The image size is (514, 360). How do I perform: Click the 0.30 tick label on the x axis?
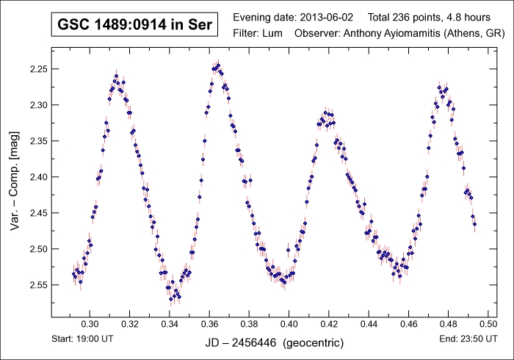[x=90, y=324]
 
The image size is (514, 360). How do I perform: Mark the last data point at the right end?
[x=474, y=224]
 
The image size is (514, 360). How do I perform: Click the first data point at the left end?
[x=73, y=274]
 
